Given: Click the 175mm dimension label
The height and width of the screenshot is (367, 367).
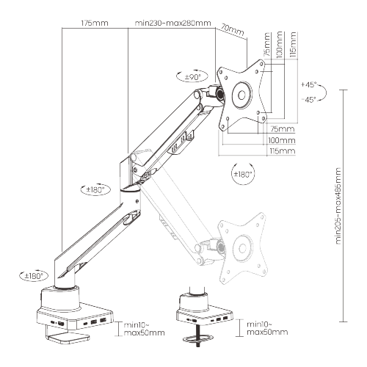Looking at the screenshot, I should (x=94, y=23).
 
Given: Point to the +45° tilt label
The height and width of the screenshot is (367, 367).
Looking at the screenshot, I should (x=308, y=84).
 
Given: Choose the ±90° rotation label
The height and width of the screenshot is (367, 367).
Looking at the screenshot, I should (x=193, y=76).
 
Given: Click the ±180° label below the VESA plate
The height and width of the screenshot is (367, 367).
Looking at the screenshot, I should (x=242, y=174).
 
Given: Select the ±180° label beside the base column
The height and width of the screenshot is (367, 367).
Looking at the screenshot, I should (x=33, y=276).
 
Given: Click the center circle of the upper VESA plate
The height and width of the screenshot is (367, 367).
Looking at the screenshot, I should (x=242, y=95).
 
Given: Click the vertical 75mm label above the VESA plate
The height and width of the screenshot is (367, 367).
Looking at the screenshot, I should (x=268, y=49).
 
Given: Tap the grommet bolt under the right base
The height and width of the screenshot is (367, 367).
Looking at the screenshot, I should (x=194, y=337).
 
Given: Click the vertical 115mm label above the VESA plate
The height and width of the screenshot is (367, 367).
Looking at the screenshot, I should (x=293, y=46).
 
